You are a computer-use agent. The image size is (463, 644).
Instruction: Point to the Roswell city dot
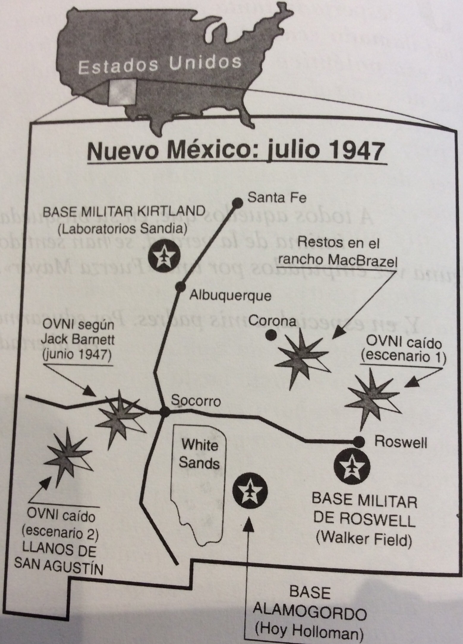pyautogui.click(x=360, y=441)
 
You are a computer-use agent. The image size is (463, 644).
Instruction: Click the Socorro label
pyautogui.click(x=196, y=402)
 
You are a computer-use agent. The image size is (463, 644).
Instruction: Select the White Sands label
pyautogui.click(x=199, y=454)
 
